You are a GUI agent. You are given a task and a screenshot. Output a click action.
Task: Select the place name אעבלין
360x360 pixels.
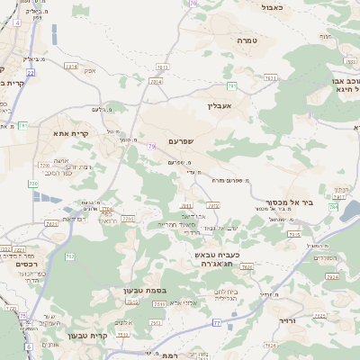click(220, 105)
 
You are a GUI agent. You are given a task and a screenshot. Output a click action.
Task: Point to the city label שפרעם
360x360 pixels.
click(205, 141)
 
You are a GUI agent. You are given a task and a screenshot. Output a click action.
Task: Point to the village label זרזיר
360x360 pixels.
click(287, 320)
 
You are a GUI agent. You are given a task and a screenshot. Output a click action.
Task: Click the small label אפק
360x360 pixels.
click(90, 71)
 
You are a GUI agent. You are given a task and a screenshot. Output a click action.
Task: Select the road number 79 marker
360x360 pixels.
click(152, 146)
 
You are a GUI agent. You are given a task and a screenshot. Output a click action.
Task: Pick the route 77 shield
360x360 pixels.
click(216, 322)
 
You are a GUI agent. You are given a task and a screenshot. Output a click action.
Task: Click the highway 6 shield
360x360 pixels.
click(28, 346)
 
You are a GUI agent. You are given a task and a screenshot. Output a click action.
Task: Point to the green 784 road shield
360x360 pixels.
click(332, 207)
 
